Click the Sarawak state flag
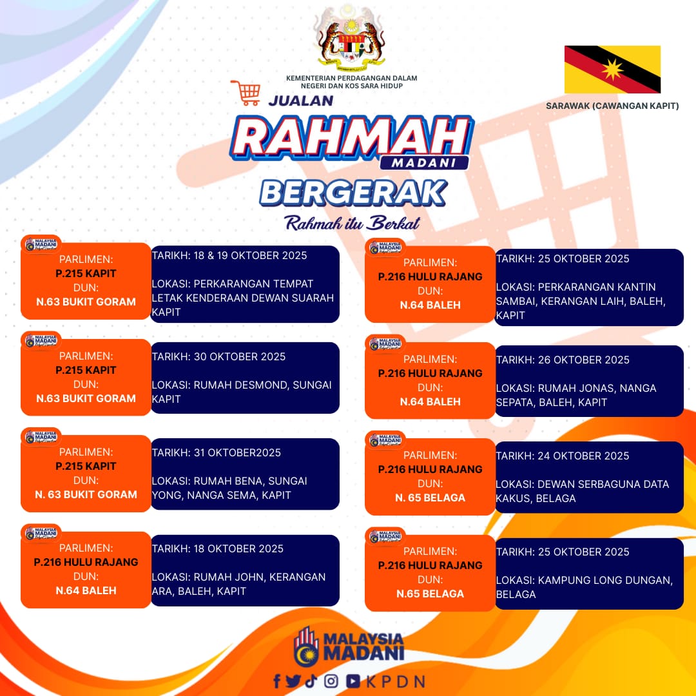612,69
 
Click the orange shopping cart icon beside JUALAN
246,92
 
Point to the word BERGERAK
353,193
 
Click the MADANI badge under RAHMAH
424,163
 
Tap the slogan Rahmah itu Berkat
352,223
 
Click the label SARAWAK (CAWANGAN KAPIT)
612,106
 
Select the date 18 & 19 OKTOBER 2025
250,256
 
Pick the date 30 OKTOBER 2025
239,357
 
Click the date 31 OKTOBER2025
237,453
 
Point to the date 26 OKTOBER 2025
583,360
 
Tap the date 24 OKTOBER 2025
583,456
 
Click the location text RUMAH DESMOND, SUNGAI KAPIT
242,392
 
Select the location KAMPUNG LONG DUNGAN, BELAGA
584,587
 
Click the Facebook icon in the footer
277,681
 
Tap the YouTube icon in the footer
353,681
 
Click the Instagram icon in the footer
331,681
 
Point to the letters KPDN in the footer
396,682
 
